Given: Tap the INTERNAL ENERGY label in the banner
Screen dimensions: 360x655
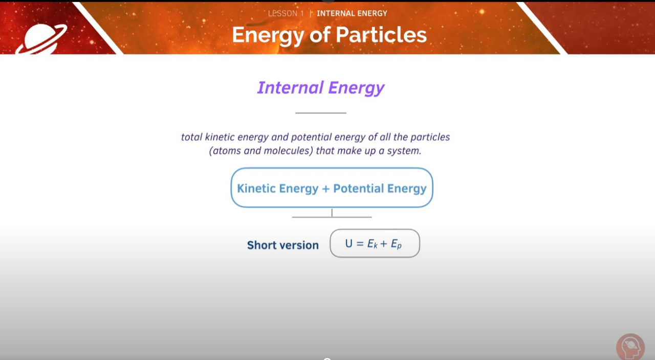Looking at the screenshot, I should pos(352,13).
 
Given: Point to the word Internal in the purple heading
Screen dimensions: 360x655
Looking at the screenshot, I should pos(290,88).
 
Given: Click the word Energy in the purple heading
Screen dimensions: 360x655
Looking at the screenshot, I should pos(356,89).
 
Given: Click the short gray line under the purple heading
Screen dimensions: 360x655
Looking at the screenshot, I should pos(321,113).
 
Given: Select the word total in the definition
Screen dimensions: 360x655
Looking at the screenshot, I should pos(192,137).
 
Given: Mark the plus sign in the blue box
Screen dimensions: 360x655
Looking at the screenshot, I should pos(326,189).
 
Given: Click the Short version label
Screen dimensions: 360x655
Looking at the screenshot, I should pos(282,245).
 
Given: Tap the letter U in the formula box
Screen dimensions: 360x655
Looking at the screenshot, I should pos(349,244).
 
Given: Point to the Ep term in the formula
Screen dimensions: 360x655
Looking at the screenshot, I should pos(396,244).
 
